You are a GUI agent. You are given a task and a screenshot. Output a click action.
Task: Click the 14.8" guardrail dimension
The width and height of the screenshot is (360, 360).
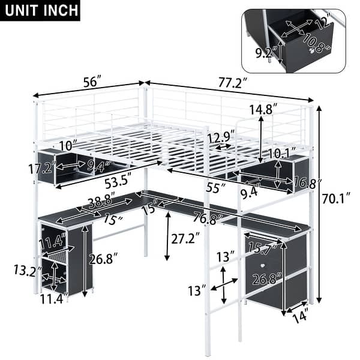click(263, 110)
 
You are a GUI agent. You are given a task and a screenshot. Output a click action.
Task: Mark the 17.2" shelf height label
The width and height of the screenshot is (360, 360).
click(46, 168)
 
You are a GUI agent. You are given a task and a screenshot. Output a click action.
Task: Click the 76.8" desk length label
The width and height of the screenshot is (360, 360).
click(205, 218)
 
